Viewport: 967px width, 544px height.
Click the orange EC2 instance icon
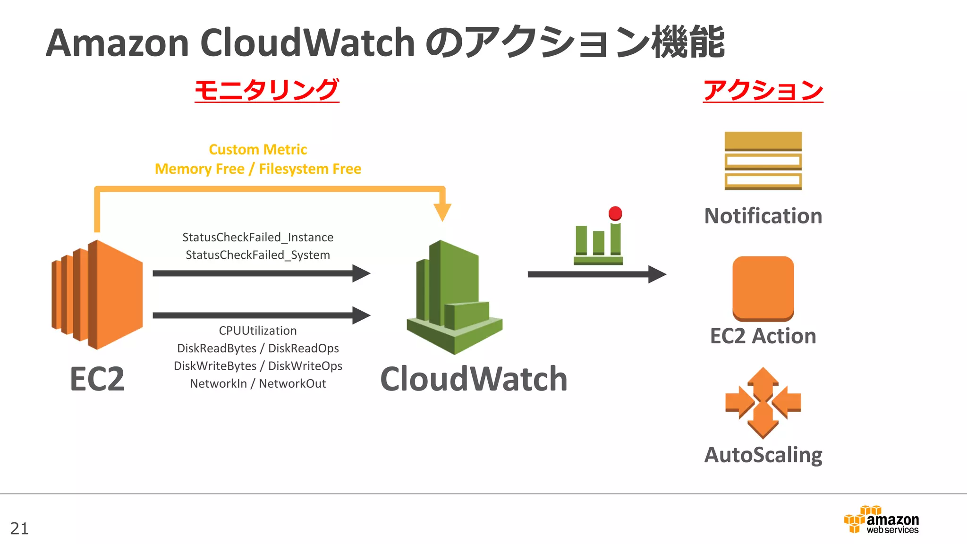97,295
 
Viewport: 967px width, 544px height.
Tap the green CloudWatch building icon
454,297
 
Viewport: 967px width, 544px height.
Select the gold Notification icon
763,161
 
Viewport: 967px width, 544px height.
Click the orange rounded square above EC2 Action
763,289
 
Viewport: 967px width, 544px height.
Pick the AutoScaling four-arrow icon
763,403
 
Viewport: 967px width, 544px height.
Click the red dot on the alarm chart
615,213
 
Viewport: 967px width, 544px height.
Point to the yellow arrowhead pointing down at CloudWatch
442,212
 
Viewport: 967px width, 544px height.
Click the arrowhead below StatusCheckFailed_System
361,273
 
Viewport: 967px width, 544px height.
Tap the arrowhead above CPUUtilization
361,315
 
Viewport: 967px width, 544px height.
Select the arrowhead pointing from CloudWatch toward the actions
657,274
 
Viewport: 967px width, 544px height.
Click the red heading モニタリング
267,90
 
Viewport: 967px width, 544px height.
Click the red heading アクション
763,90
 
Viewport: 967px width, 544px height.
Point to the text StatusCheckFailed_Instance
258,237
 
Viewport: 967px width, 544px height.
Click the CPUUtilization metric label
258,331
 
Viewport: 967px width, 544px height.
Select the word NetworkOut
292,383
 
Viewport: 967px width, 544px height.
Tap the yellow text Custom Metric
258,149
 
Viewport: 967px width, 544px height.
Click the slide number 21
19,528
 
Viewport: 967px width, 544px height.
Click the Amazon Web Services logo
881,519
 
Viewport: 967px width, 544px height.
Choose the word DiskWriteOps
305,366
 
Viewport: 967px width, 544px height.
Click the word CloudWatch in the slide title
307,42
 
